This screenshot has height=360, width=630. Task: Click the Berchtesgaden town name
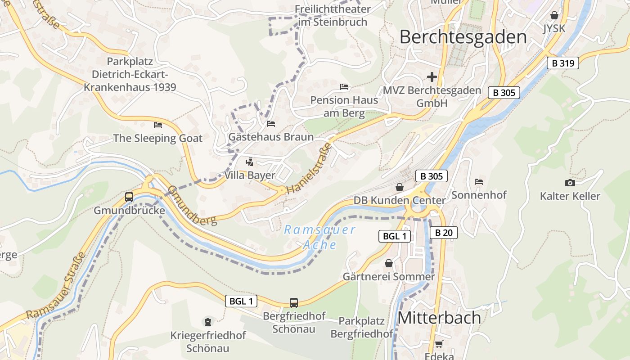coord(463,37)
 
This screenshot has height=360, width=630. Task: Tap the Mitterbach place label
coord(439,318)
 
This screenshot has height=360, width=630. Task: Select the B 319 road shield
coord(563,63)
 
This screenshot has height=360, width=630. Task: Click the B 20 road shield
coord(443,233)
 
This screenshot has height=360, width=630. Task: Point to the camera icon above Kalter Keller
coord(570,183)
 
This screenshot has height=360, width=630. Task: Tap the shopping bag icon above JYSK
coord(554,16)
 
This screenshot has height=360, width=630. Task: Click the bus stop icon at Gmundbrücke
coord(129,197)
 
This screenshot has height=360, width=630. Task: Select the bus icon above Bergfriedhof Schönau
coord(294,302)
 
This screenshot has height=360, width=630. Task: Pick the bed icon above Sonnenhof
coord(479,182)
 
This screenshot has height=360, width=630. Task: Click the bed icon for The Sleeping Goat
coord(157,125)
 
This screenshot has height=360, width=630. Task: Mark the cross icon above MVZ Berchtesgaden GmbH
coord(432,77)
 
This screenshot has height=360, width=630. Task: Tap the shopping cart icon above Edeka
coord(439,344)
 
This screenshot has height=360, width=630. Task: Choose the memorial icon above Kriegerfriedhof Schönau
coord(208,322)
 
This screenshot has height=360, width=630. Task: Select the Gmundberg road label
coord(193,205)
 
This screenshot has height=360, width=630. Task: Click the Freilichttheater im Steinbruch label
coord(333,15)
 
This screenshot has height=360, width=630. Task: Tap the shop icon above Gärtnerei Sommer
coord(388,263)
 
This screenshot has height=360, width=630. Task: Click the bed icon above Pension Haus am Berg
coord(344,86)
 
